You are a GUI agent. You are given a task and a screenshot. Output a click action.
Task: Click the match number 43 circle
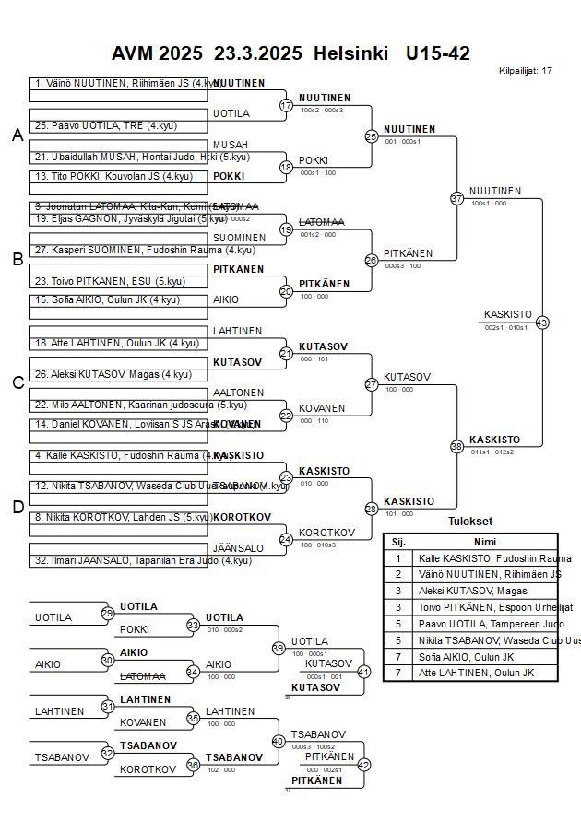(542, 323)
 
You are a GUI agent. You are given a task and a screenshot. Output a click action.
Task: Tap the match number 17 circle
(286, 106)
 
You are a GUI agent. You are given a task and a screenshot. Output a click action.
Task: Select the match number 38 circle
(456, 446)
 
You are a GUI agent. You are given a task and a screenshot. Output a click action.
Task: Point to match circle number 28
(372, 509)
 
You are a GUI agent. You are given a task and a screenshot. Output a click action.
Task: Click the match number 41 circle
(363, 672)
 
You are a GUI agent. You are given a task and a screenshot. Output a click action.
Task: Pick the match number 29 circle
(107, 613)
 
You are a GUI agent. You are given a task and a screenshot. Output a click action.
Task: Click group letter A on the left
(18, 135)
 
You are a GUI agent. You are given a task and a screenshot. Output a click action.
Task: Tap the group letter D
(18, 506)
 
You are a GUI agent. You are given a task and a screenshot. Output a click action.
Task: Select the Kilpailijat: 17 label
(526, 71)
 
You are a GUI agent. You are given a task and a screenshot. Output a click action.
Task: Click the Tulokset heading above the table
(470, 522)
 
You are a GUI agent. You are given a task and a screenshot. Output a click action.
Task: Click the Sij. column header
(398, 542)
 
